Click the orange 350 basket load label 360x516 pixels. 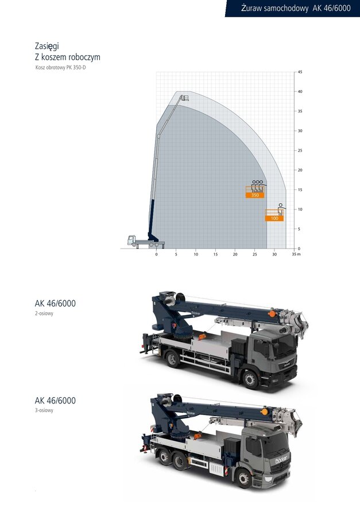(255, 195)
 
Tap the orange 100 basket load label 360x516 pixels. (274, 218)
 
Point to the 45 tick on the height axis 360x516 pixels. (300, 72)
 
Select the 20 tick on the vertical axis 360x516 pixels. (300, 170)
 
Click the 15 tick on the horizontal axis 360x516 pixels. (215, 254)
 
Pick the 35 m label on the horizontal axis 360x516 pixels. (296, 254)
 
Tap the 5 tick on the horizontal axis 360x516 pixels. (176, 254)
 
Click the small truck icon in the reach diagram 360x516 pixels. (146, 242)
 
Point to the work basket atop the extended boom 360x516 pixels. (184, 98)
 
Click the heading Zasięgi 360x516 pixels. (47, 46)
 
